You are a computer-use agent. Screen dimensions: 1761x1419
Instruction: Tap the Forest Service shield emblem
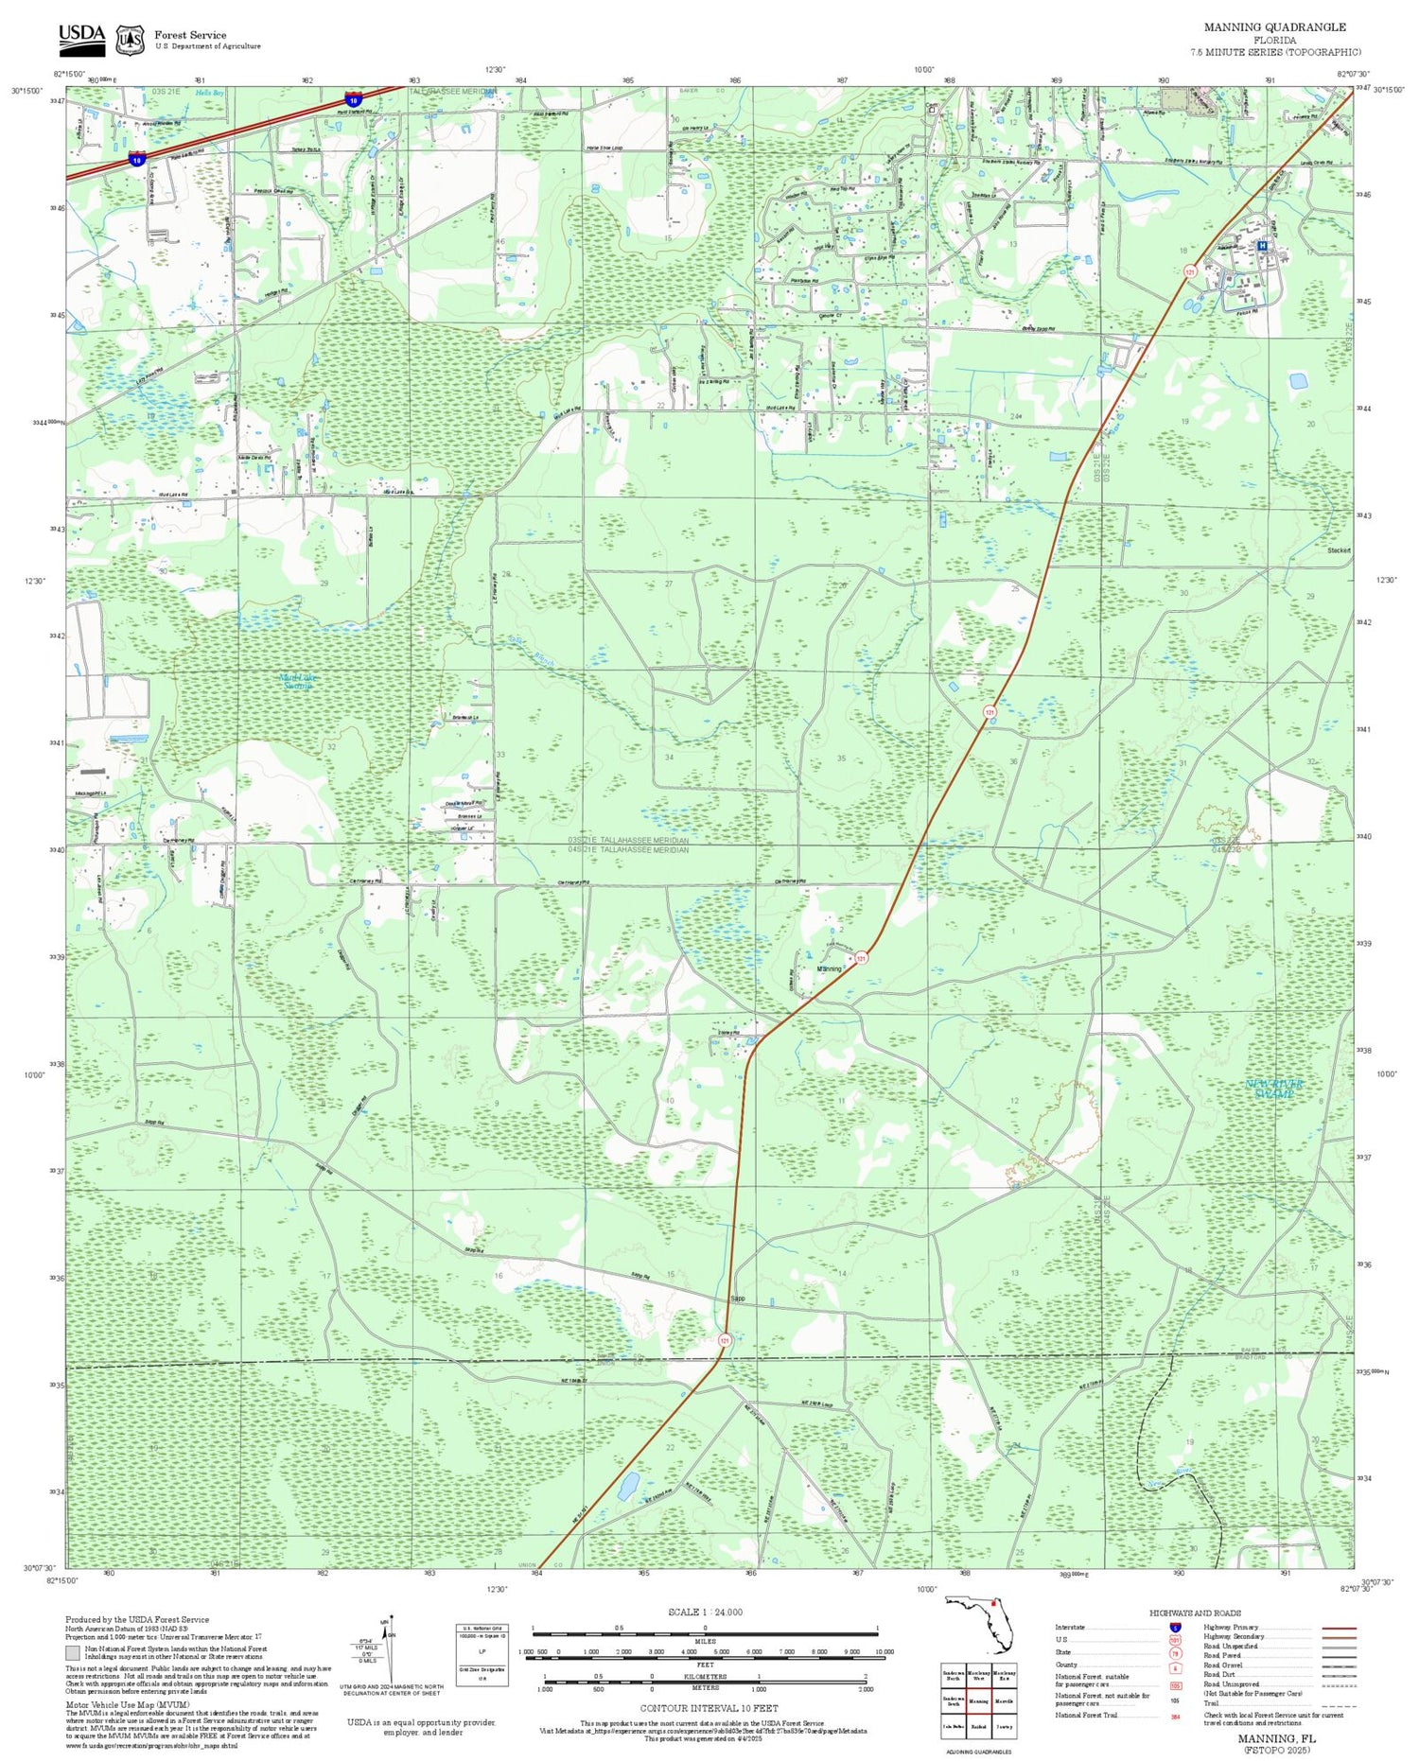[130, 40]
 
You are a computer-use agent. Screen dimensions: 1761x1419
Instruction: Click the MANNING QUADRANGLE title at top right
[1274, 27]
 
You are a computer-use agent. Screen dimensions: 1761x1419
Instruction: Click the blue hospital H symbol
[1261, 245]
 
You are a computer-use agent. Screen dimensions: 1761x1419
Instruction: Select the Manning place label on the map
[829, 969]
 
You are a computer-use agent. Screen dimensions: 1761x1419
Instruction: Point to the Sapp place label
[738, 1298]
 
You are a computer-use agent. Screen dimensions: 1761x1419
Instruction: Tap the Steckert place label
[1339, 550]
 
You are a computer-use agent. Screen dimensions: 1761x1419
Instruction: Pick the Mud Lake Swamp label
[297, 681]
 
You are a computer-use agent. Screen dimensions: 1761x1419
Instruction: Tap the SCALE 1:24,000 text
[705, 1612]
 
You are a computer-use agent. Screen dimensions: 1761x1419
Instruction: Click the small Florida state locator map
[979, 1623]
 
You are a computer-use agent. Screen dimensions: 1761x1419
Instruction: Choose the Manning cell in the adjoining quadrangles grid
[978, 1700]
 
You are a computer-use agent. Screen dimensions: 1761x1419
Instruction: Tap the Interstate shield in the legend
[1175, 1627]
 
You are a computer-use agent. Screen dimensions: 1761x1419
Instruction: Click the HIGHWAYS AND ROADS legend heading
[1195, 1613]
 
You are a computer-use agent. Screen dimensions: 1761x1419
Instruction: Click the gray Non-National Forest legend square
[73, 1652]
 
